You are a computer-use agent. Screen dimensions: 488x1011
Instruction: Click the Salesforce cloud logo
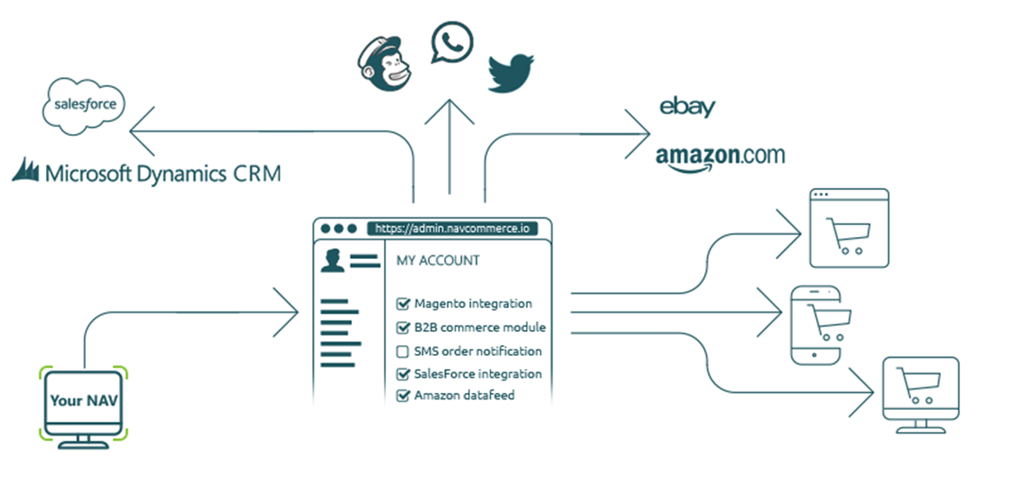pos(85,106)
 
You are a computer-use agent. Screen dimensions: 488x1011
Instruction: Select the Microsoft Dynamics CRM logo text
pos(147,172)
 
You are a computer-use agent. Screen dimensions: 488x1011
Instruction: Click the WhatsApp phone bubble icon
pos(451,44)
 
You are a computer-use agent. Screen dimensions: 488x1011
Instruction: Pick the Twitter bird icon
pos(513,72)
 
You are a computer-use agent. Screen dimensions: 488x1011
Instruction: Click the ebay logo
pos(687,107)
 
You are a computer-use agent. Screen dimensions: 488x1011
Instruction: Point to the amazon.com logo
pos(720,156)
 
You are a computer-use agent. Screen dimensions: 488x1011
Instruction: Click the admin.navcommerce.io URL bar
pos(452,228)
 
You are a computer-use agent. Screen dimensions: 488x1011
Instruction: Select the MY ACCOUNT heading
pos(437,261)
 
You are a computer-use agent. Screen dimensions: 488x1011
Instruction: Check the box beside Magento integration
pos(403,304)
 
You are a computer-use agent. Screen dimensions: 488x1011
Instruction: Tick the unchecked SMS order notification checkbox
pos(403,350)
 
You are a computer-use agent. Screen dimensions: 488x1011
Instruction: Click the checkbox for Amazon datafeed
pos(403,396)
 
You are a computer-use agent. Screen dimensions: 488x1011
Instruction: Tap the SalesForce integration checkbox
pos(403,374)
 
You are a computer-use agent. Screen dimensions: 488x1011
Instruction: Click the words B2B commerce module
pos(480,327)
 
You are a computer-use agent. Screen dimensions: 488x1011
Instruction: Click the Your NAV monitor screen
pos(83,401)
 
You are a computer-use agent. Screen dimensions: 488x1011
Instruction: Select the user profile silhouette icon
pos(333,260)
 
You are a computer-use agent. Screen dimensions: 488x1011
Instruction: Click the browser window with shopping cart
pos(849,228)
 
